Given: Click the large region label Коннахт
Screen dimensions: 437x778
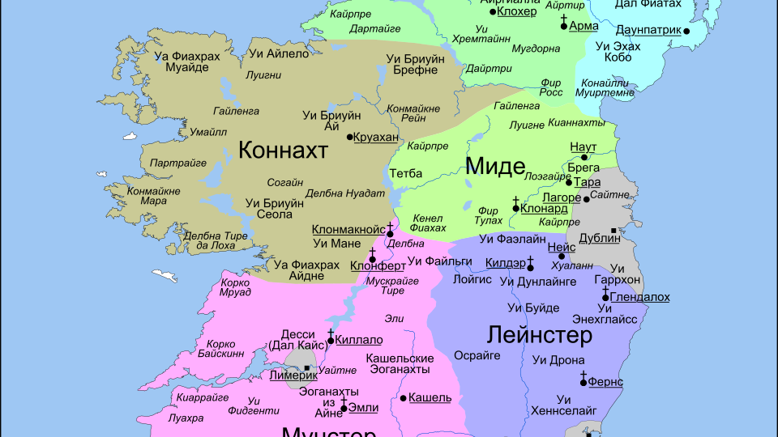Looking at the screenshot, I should (283, 150).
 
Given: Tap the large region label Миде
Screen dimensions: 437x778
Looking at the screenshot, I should (495, 166).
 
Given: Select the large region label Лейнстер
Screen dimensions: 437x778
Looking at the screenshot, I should (539, 334).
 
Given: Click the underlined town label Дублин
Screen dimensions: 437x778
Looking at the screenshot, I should (600, 238).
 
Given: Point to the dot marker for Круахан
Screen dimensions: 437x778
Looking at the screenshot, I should (350, 137).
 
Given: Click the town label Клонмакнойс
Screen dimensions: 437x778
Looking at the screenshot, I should (348, 229).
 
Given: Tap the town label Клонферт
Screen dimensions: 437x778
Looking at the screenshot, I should (378, 265).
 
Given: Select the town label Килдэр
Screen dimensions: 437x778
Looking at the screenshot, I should (505, 262).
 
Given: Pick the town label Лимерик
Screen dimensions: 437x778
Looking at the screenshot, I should (294, 375).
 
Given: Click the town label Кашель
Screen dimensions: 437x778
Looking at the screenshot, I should (430, 397).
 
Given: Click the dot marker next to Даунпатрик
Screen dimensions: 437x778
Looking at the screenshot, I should (686, 31).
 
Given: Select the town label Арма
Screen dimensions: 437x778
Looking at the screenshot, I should (583, 26).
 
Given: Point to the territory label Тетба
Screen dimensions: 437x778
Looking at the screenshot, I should (405, 173).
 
